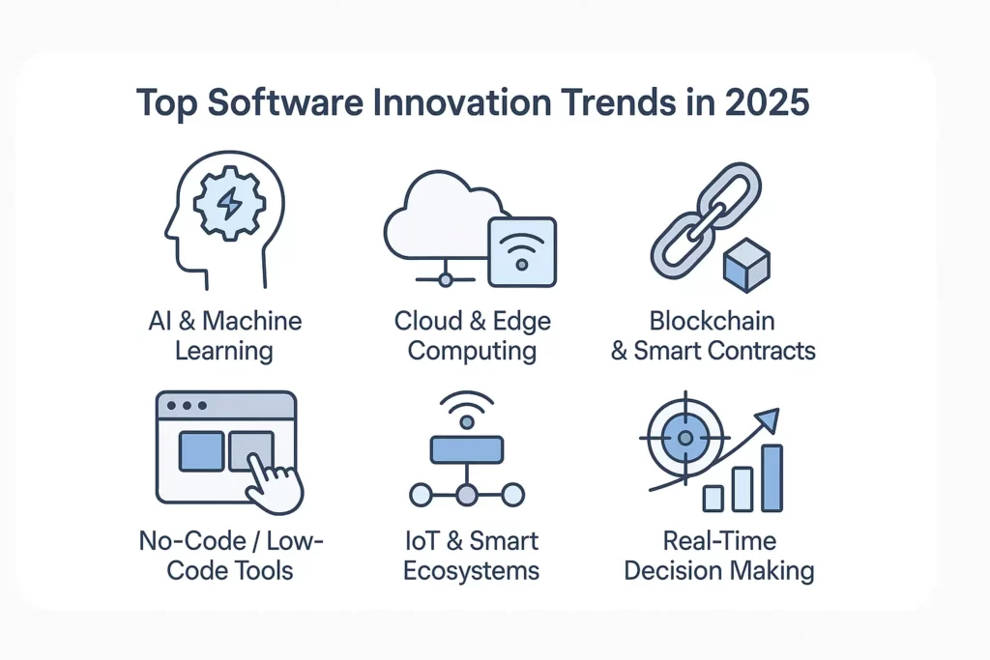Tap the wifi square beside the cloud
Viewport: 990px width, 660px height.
[x=522, y=251]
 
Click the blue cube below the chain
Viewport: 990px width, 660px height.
[x=746, y=265]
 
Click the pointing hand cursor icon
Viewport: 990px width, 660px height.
[x=274, y=478]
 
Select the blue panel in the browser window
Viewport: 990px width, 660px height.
[x=201, y=450]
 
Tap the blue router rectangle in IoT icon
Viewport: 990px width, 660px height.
[x=467, y=448]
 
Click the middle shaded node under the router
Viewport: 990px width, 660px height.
[x=467, y=496]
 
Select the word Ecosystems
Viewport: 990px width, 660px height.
[x=471, y=570]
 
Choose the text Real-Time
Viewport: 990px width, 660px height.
[x=719, y=540]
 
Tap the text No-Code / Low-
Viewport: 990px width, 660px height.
[x=230, y=540]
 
